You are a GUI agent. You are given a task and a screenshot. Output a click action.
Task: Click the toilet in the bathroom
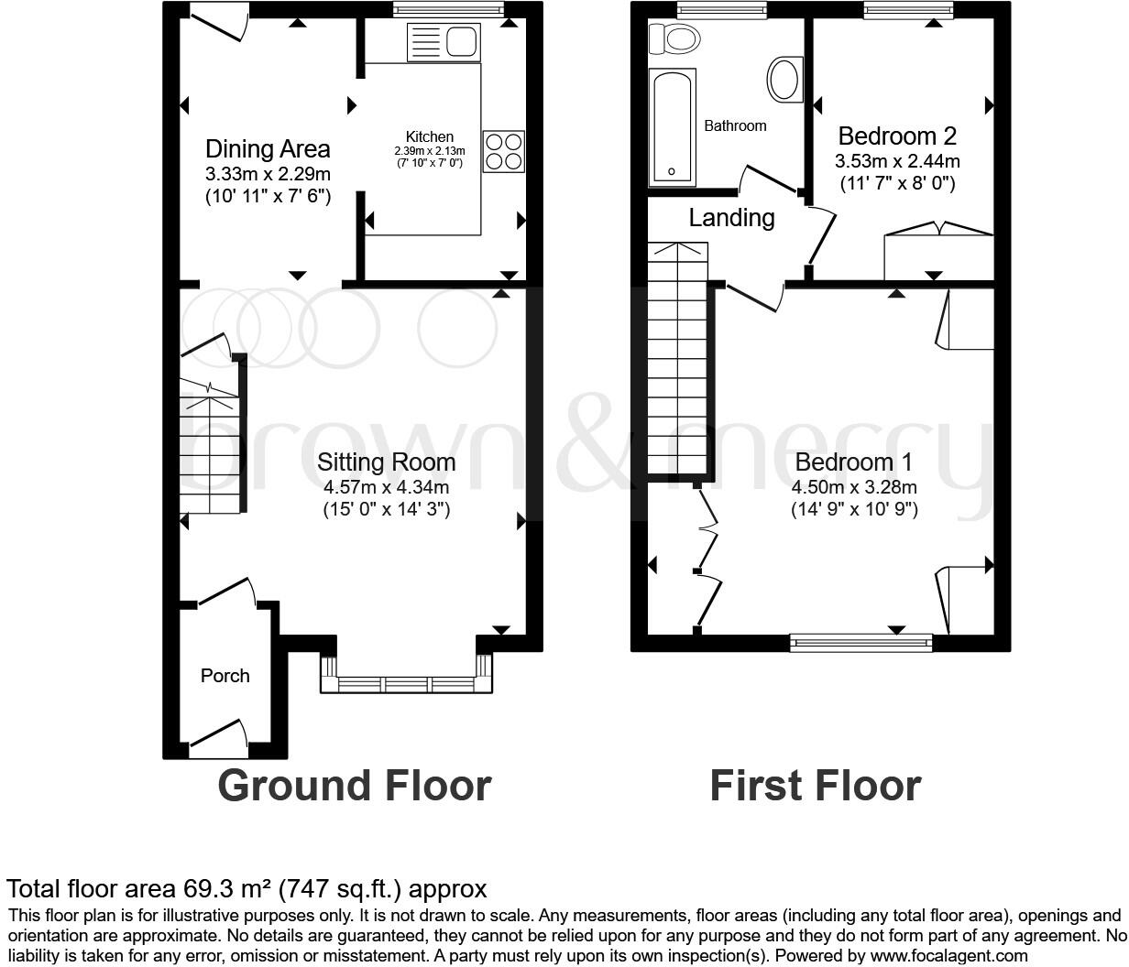point(674,38)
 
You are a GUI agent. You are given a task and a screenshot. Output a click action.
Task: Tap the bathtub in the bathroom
point(672,126)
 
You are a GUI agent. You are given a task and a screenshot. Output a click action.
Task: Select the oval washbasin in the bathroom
point(784,80)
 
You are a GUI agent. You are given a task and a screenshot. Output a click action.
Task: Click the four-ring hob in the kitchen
point(504,151)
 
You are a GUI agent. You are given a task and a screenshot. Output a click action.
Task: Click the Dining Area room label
point(268,148)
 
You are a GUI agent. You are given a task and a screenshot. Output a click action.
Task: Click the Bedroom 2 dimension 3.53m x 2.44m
point(897,161)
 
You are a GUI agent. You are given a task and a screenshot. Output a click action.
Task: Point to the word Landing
point(731,218)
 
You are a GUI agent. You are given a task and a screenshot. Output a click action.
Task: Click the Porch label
point(225,676)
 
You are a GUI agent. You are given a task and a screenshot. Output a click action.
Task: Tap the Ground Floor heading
point(354,786)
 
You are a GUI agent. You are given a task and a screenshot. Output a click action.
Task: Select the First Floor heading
point(815,786)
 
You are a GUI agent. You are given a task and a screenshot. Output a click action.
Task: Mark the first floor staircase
point(677,357)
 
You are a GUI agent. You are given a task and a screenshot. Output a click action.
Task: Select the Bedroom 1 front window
point(860,643)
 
